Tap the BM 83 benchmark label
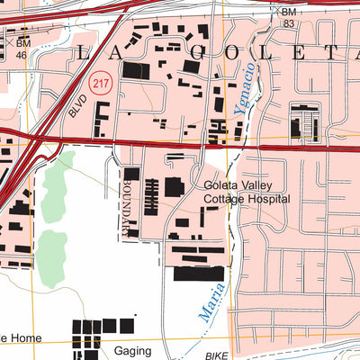click(x=288, y=17)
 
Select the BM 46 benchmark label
click(x=22, y=49)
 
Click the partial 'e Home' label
click(x=15, y=337)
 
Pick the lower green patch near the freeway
click(x=51, y=249)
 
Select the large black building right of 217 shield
click(x=133, y=71)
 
